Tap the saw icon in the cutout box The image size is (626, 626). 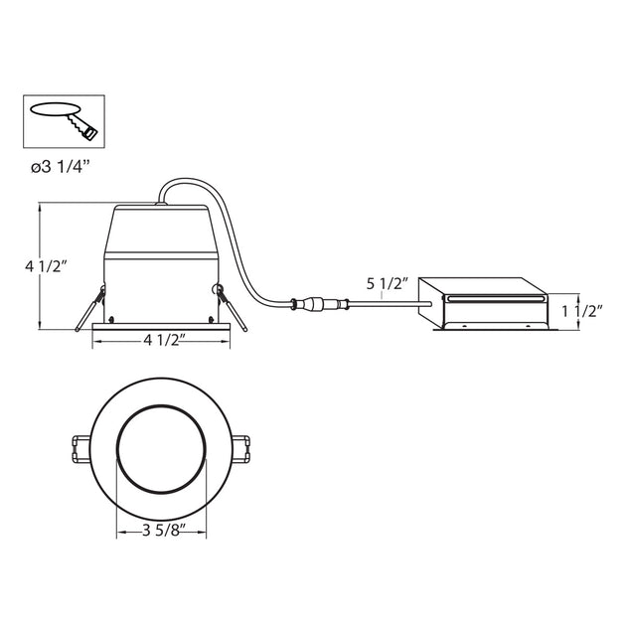tap(81, 125)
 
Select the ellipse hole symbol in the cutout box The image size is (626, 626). tap(55, 109)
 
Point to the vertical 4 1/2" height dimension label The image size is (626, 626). tap(46, 266)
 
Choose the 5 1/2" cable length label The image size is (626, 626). tap(388, 284)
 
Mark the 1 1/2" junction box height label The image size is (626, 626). tap(582, 311)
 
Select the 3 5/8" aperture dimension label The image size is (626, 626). tap(164, 531)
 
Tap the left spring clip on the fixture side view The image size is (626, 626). tap(90, 307)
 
